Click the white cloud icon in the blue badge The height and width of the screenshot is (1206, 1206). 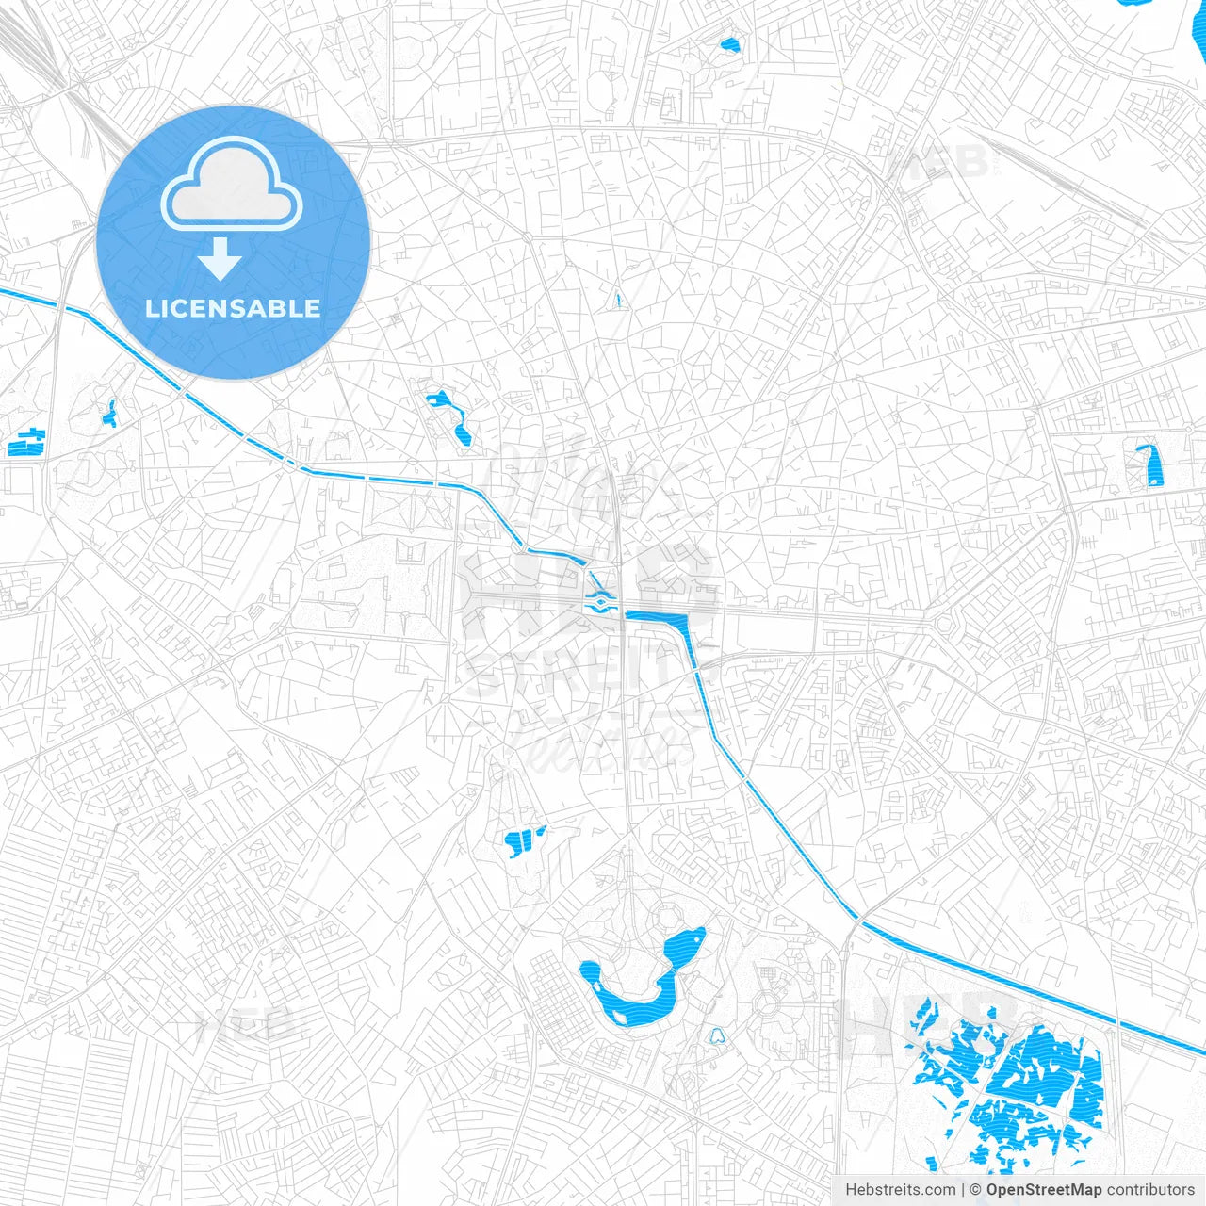(x=232, y=183)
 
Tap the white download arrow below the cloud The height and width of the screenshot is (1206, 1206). (x=220, y=259)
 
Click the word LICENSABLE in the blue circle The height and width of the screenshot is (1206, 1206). (x=233, y=308)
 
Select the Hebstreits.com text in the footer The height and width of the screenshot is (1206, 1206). (x=900, y=1190)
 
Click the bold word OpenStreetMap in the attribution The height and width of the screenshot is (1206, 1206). (x=1043, y=1190)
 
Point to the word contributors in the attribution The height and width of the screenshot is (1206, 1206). (x=1149, y=1190)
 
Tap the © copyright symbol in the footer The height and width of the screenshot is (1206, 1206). (x=976, y=1190)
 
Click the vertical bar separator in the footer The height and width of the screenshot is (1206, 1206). (x=963, y=1190)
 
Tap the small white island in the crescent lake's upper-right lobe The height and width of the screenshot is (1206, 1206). (x=695, y=936)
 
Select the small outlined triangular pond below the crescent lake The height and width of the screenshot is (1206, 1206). (x=717, y=1035)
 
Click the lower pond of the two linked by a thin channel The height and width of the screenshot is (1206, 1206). (x=463, y=432)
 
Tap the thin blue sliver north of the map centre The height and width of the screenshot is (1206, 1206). (x=618, y=301)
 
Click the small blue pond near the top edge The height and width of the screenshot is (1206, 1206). (x=729, y=43)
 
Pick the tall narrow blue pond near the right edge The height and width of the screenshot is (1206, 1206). (x=1149, y=466)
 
